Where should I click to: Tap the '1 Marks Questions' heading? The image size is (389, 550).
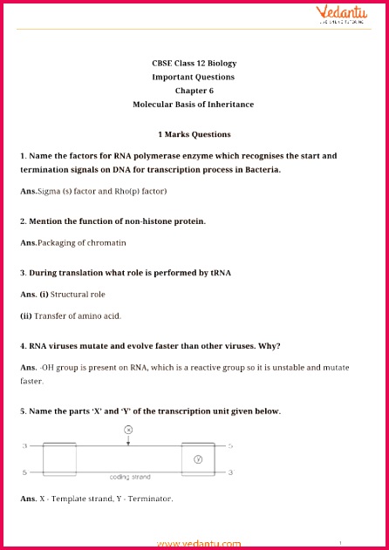coord(194,134)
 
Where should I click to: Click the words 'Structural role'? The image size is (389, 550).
coord(78,295)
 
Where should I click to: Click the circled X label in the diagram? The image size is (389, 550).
coord(128,430)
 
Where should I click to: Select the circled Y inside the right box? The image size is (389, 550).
coord(197,458)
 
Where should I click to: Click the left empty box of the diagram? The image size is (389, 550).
coord(60,458)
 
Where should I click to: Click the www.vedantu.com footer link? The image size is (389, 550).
coord(199,543)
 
